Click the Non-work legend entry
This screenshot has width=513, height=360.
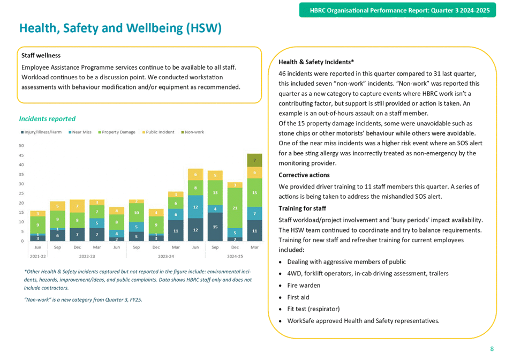point(193,132)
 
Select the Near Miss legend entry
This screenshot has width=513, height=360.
point(80,132)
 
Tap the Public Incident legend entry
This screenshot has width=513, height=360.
point(159,132)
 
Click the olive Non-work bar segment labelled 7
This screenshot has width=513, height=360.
point(254,160)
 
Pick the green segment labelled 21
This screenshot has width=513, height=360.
point(235,208)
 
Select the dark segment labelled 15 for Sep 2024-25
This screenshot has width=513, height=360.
point(215,227)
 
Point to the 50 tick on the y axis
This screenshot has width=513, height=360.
point(21,146)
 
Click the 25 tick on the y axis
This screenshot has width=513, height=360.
point(21,193)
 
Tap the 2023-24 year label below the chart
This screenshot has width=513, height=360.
point(166,256)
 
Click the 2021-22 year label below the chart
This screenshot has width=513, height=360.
point(38,256)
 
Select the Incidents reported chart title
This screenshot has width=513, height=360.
point(47,119)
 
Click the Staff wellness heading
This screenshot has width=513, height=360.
point(41,55)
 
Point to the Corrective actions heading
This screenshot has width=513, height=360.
point(304,175)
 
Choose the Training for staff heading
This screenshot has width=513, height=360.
point(303,208)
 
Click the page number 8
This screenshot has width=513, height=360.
point(492,349)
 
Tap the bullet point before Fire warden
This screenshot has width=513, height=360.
point(281,286)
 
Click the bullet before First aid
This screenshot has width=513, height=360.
point(281,297)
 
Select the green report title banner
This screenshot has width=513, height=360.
point(397,10)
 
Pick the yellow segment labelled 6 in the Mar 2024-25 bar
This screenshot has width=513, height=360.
point(254,172)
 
